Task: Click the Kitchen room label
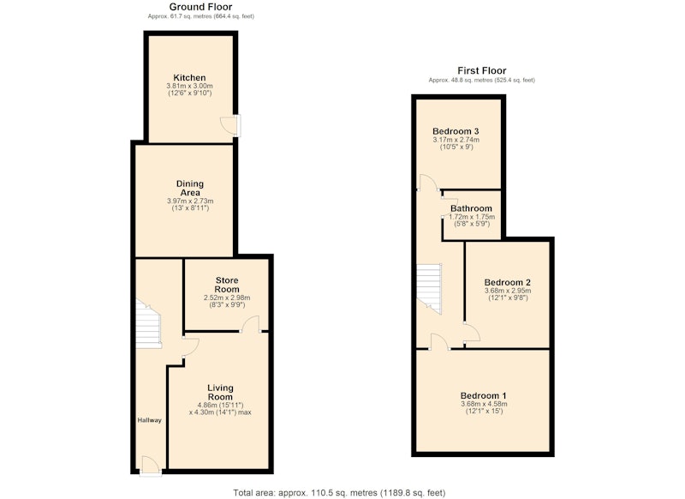click(x=189, y=78)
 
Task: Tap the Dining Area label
click(x=190, y=188)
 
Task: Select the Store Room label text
click(x=227, y=285)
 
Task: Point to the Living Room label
click(x=220, y=393)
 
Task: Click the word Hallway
click(x=149, y=420)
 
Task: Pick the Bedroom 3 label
click(x=456, y=131)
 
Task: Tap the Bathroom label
click(x=472, y=208)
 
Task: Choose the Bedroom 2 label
click(x=508, y=283)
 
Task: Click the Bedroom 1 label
click(x=484, y=396)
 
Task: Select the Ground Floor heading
click(x=200, y=7)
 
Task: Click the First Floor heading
click(x=482, y=70)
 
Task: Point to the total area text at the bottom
click(x=339, y=493)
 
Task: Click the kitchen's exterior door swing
click(x=228, y=125)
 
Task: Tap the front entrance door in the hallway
click(x=149, y=464)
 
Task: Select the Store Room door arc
click(x=251, y=324)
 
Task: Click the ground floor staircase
click(x=147, y=323)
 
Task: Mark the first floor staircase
click(x=429, y=289)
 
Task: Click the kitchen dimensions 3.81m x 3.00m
click(x=189, y=86)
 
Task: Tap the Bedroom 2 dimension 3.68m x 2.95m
click(x=508, y=291)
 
